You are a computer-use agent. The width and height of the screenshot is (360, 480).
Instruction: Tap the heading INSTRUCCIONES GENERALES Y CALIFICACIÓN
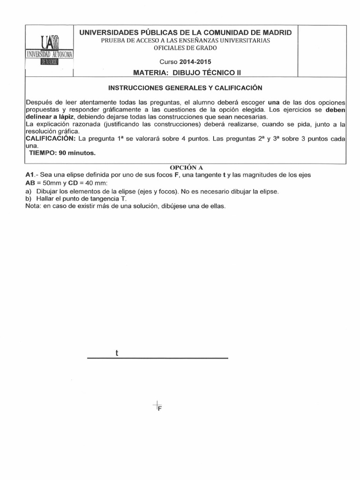(185, 88)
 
